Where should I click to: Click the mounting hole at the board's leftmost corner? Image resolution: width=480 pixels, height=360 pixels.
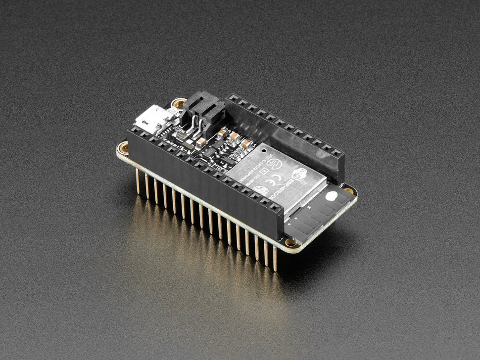(124, 147)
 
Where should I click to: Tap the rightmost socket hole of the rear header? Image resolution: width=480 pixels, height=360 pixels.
(338, 151)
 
